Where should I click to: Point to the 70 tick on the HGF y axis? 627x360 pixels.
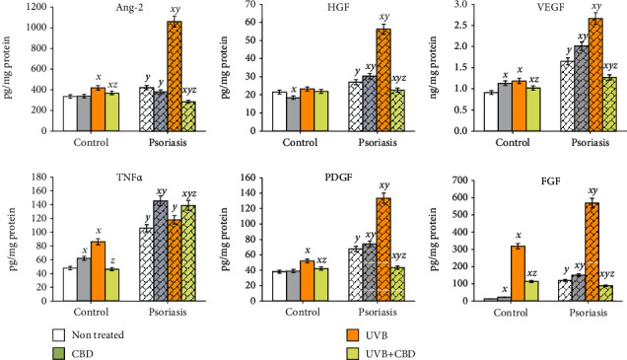coord(246,6)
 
